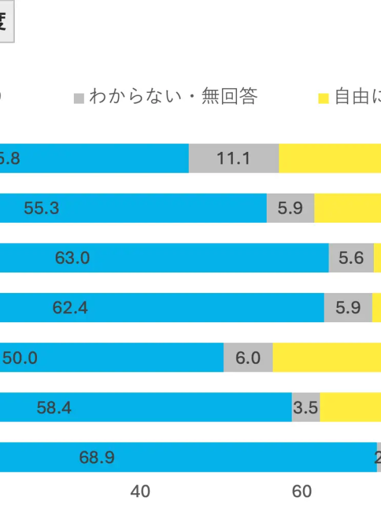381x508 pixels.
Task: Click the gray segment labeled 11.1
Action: click(233, 158)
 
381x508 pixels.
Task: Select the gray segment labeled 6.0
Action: click(248, 358)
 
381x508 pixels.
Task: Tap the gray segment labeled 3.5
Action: click(305, 407)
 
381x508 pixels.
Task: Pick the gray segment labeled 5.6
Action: click(351, 258)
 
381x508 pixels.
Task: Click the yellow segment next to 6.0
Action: click(326, 358)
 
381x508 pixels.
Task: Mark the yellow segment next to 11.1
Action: click(329, 158)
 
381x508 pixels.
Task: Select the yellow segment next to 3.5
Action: click(350, 407)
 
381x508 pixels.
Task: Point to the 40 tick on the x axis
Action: click(140, 491)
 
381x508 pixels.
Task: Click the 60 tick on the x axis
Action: click(302, 491)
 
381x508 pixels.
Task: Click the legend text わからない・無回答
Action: click(173, 96)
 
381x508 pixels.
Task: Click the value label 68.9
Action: click(96, 458)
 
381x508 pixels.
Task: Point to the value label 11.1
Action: click(233, 159)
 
